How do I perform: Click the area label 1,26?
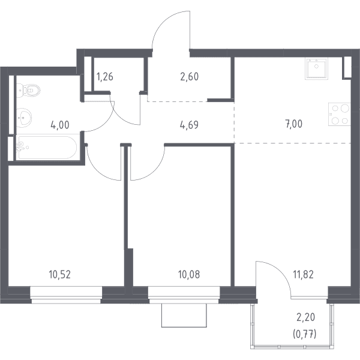point(105,77)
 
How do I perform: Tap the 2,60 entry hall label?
point(190,77)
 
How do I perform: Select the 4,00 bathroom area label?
point(59,125)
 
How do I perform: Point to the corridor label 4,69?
point(190,125)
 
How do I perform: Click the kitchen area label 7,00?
point(294,124)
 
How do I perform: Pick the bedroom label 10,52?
point(59,275)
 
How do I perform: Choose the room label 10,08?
point(189,275)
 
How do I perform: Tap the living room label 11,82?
point(303,275)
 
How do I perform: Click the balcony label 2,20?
point(305,317)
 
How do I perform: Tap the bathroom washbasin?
point(24,118)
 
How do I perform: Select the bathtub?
point(46,148)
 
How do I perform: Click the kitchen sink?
point(316,68)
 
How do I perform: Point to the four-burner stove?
point(340,114)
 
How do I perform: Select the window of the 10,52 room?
point(66,295)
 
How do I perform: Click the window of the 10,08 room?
point(184,295)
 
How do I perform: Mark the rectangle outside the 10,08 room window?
point(184,315)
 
